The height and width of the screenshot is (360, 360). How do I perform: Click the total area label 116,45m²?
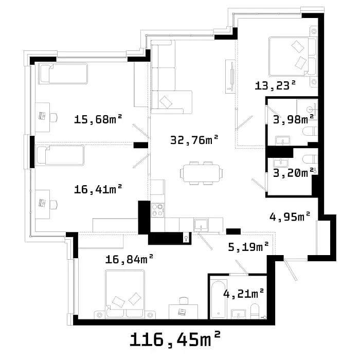click(175, 339)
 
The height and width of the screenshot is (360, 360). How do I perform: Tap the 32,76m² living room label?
click(194, 140)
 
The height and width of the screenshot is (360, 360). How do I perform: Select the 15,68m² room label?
click(98, 119)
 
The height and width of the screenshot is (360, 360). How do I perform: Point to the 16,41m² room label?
click(98, 189)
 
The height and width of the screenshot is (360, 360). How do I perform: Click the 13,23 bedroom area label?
click(275, 86)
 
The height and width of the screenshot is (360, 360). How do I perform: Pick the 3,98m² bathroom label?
click(294, 119)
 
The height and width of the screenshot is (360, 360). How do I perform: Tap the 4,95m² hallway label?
click(290, 217)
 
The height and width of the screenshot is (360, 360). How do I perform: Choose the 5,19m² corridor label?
click(248, 247)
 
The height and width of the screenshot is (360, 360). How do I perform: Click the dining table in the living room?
click(202, 173)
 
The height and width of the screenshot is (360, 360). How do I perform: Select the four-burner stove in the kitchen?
click(157, 210)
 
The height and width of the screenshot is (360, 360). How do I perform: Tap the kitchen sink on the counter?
click(201, 225)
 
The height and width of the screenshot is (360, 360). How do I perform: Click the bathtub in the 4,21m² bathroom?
click(219, 299)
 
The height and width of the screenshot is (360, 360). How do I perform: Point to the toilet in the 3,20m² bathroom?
click(310, 159)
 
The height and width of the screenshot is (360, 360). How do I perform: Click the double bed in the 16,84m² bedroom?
click(125, 294)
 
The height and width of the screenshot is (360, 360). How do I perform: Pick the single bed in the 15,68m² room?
click(63, 74)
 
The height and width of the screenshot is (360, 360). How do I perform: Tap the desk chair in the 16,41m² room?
click(53, 205)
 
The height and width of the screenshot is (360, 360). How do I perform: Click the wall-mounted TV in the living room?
click(230, 77)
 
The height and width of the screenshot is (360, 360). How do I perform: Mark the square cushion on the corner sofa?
click(166, 102)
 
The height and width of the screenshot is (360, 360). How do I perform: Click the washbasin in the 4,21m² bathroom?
click(238, 314)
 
